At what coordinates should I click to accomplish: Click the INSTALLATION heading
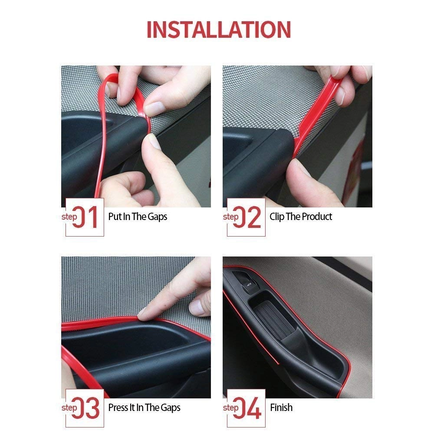pos(218,30)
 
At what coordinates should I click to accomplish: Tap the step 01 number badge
pos(85,217)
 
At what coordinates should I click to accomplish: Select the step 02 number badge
pos(246,217)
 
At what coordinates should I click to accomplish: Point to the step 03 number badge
pos(85,408)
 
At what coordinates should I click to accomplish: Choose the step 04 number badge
pos(246,408)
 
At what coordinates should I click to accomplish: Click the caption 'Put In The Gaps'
pos(138,217)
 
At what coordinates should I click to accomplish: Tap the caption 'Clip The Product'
pos(301,217)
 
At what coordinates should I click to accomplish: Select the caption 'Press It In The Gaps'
pos(144,408)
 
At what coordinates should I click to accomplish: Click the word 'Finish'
pos(281,408)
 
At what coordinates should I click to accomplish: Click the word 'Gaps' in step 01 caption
pos(157,217)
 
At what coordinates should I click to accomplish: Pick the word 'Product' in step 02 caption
pos(317,217)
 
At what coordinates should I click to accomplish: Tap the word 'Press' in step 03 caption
pos(118,408)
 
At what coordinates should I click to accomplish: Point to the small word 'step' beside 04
pos(230,408)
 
